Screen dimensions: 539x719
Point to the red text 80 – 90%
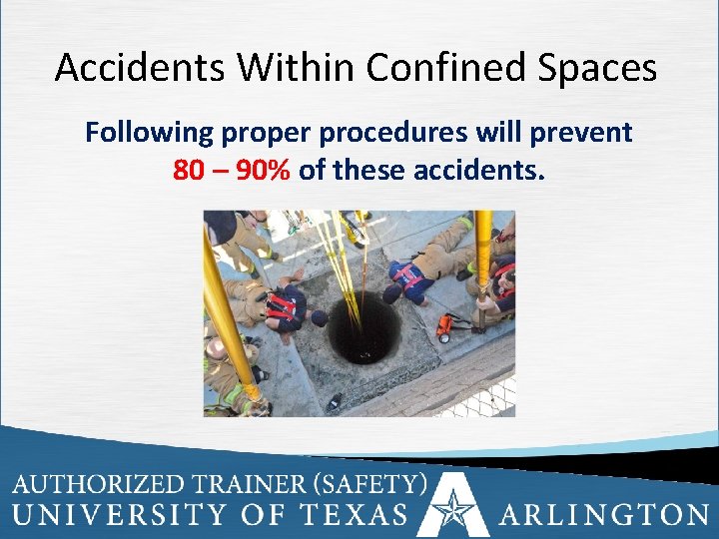(x=232, y=171)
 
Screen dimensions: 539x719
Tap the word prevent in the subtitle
(x=583, y=133)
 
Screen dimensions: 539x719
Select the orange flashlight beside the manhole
(x=450, y=325)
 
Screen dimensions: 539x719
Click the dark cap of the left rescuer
(x=319, y=317)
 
